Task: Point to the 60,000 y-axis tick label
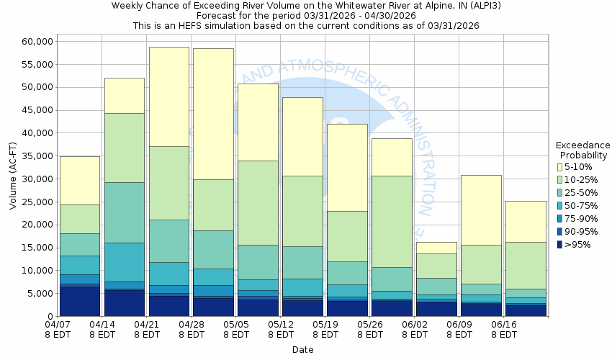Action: click(x=34, y=42)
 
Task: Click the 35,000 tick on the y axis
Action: click(x=34, y=156)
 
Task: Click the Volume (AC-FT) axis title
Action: click(x=12, y=179)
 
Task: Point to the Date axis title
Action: click(x=302, y=350)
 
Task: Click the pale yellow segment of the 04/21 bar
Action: click(x=169, y=96)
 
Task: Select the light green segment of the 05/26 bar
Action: click(x=392, y=221)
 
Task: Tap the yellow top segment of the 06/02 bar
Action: click(x=436, y=248)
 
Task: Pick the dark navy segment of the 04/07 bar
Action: click(x=80, y=301)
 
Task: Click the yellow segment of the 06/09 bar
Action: click(x=481, y=210)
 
